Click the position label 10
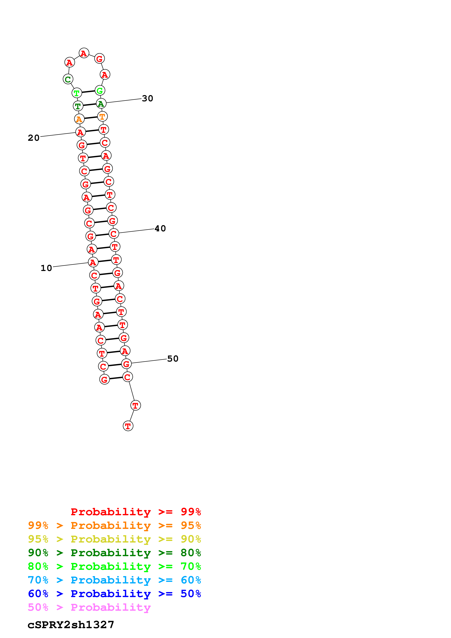[46, 268]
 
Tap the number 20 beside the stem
[34, 138]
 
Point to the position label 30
[147, 98]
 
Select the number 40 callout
[160, 228]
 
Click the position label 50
[173, 358]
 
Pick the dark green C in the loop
[68, 79]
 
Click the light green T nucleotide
[77, 93]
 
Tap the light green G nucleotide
[100, 90]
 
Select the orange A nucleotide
[79, 119]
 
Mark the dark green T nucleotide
[78, 106]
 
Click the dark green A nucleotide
[101, 104]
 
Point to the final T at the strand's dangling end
[128, 426]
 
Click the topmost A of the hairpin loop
[84, 53]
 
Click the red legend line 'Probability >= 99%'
[136, 512]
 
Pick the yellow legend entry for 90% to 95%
[114, 539]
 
